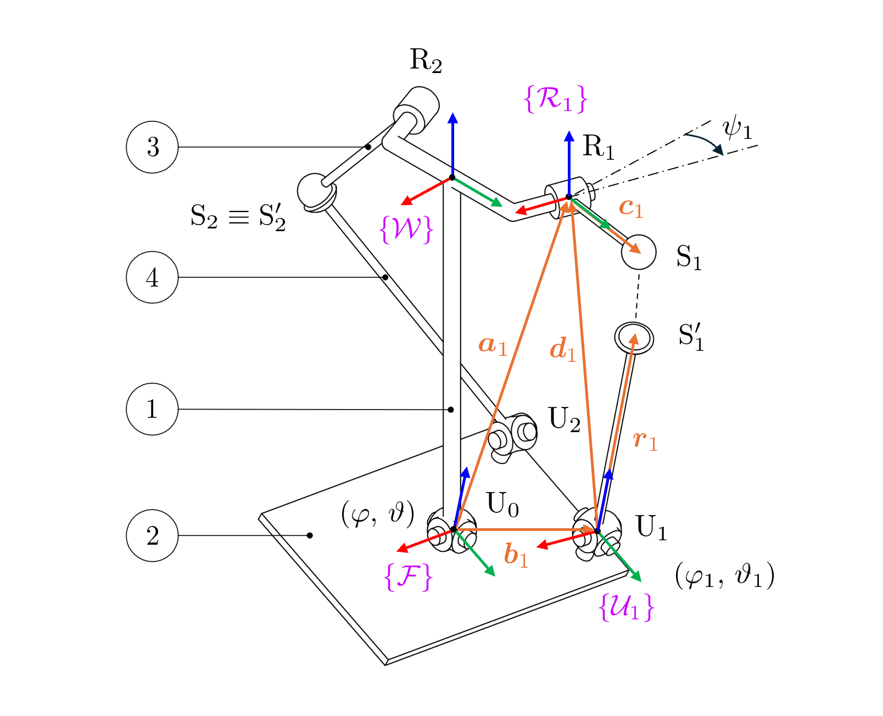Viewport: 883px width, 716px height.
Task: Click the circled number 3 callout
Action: (x=152, y=147)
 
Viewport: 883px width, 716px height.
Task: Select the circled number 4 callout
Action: (x=152, y=277)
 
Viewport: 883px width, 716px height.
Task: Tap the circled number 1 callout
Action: (x=152, y=409)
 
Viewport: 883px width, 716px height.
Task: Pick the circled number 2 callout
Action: (x=152, y=535)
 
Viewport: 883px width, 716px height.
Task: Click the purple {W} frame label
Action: (x=406, y=229)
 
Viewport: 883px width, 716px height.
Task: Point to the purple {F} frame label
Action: (x=409, y=577)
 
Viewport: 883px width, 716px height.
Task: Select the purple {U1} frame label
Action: (x=627, y=607)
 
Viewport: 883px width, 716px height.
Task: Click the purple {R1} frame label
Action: (x=556, y=99)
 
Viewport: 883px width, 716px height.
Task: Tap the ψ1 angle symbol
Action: (x=736, y=130)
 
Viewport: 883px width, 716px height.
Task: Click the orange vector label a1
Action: (x=492, y=345)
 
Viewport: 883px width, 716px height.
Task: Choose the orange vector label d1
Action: (x=563, y=350)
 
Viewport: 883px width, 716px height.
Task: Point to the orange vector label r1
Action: (x=645, y=440)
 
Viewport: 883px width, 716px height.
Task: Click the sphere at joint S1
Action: (x=639, y=253)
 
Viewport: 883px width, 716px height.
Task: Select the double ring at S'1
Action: (x=634, y=337)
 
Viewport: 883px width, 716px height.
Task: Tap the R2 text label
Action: (x=426, y=60)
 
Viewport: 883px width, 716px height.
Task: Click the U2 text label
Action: (x=564, y=420)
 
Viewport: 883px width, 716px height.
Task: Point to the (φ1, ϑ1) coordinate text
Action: (x=724, y=576)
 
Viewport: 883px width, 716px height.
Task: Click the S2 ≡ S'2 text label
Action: (x=238, y=217)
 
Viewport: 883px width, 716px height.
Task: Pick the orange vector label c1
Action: (x=630, y=208)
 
